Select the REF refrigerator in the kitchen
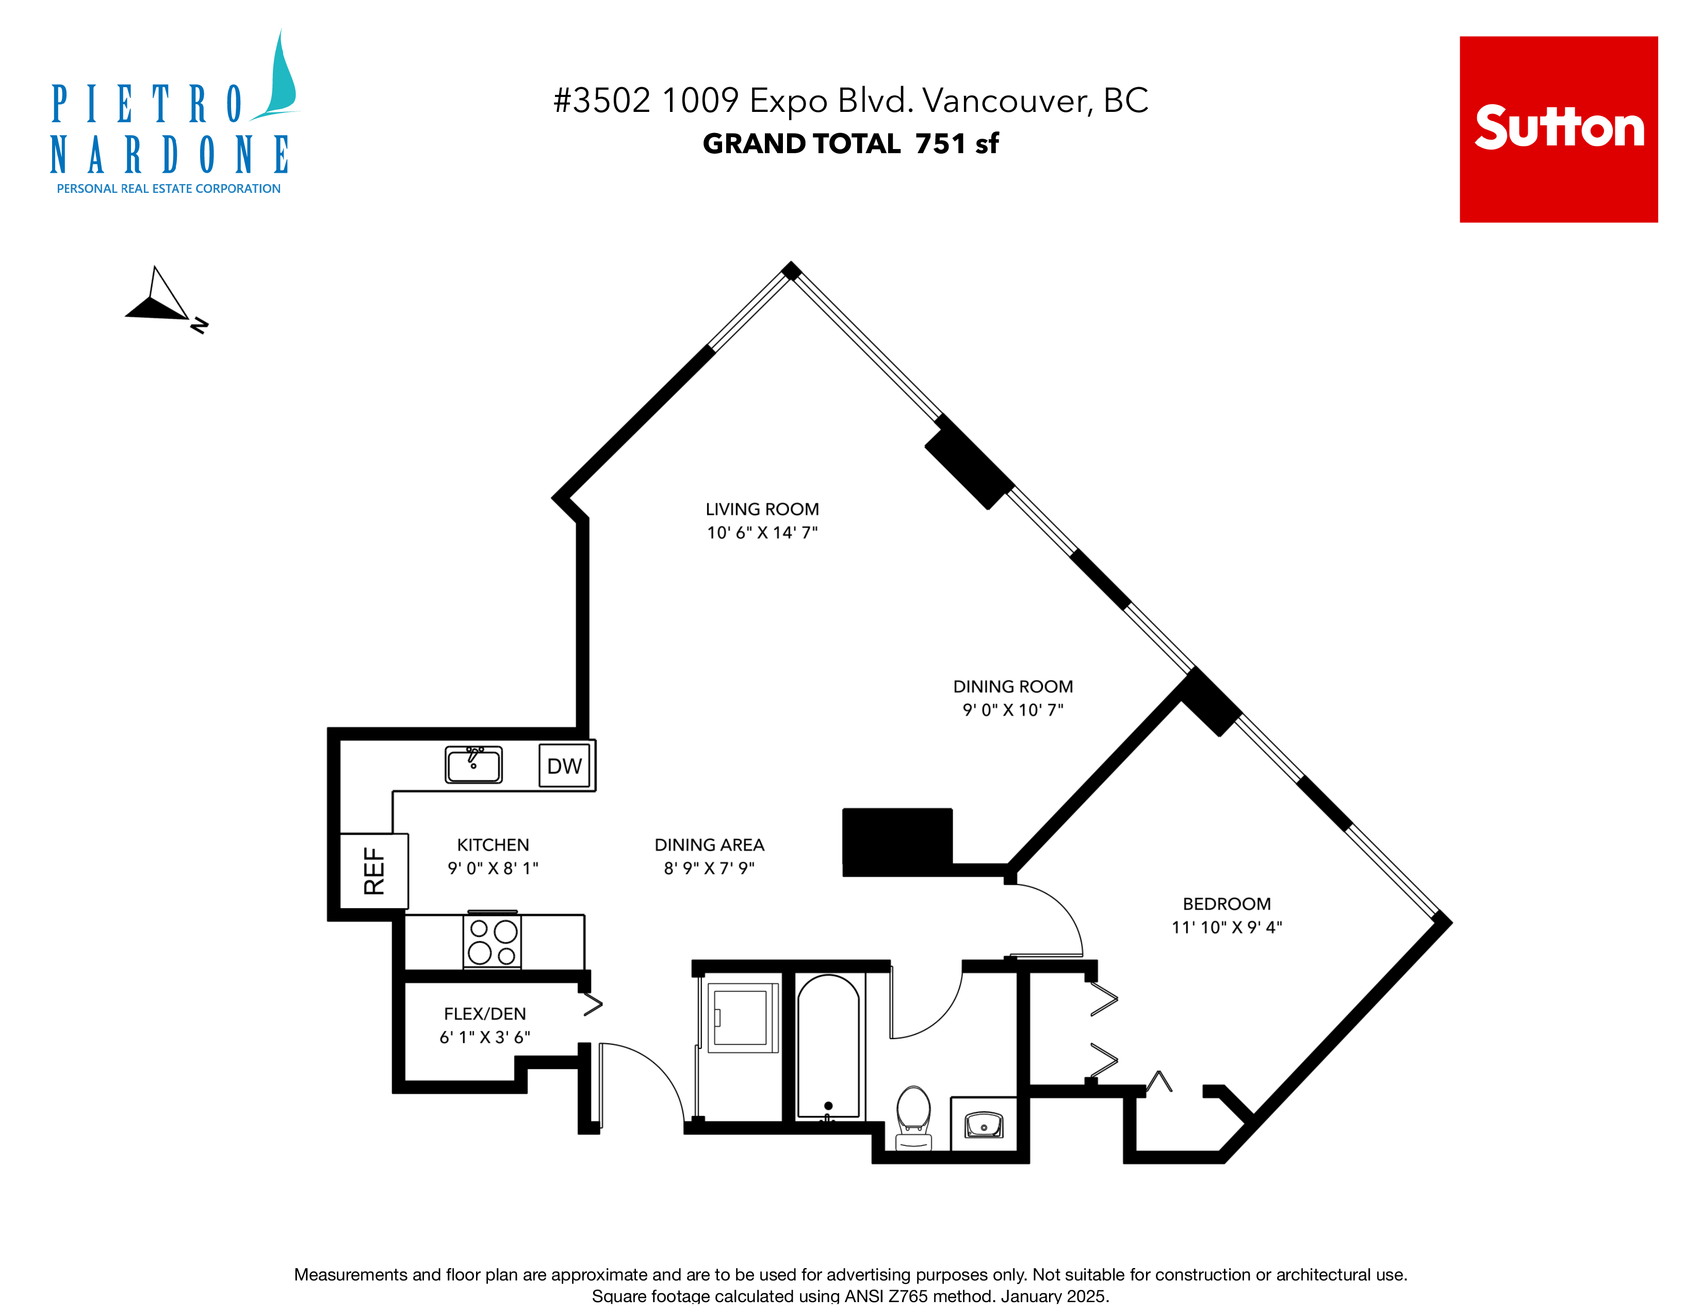374,871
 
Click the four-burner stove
492,941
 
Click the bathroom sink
984,1125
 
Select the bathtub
828,1047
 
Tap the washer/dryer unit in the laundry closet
740,1017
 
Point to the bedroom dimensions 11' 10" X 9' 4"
1226,927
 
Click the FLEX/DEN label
485,1013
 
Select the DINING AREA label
709,845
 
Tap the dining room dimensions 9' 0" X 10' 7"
1013,710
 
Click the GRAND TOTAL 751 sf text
850,143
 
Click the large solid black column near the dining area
897,842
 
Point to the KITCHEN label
493,845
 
